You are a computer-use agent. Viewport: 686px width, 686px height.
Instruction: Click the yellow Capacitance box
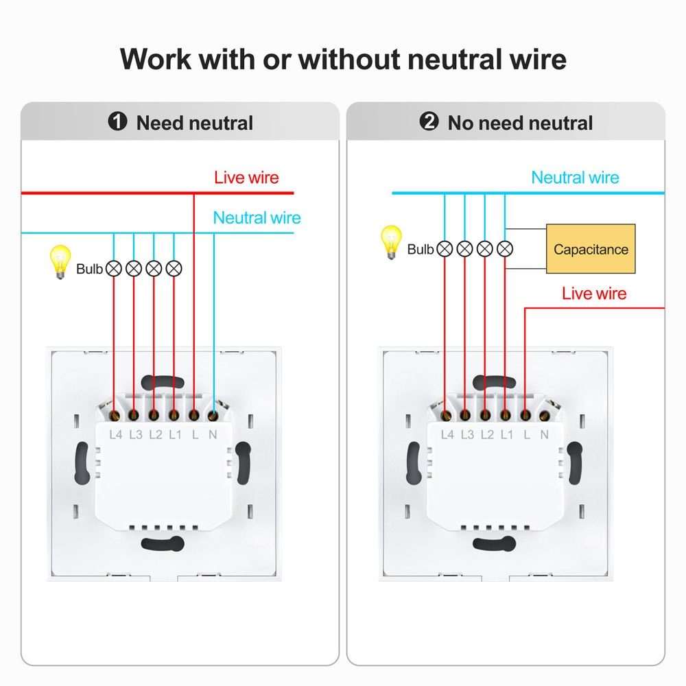591,249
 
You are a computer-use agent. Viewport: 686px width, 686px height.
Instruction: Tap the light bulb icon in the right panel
391,242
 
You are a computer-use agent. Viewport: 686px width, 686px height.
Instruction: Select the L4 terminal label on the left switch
116,434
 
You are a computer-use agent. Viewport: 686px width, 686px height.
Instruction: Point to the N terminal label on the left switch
213,434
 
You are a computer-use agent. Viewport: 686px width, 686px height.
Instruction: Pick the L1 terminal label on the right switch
506,434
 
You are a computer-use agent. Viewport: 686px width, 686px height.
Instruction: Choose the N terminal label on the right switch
545,434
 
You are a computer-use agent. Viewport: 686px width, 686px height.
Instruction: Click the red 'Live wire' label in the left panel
246,178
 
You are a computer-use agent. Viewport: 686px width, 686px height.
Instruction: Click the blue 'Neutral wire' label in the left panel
257,218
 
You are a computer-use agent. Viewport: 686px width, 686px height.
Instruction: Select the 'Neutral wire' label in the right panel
575,178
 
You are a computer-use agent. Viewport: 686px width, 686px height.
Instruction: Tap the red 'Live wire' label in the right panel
594,294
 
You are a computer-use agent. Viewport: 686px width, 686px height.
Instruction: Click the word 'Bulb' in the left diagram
89,269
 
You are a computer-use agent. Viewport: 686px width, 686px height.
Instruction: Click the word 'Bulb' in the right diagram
420,249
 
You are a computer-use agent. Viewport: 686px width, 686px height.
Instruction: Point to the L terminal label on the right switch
526,434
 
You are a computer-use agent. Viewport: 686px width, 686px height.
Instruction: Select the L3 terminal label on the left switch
135,434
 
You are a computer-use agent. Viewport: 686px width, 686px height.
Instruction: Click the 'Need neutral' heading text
194,123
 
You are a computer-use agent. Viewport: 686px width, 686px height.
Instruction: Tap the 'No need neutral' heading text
520,123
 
